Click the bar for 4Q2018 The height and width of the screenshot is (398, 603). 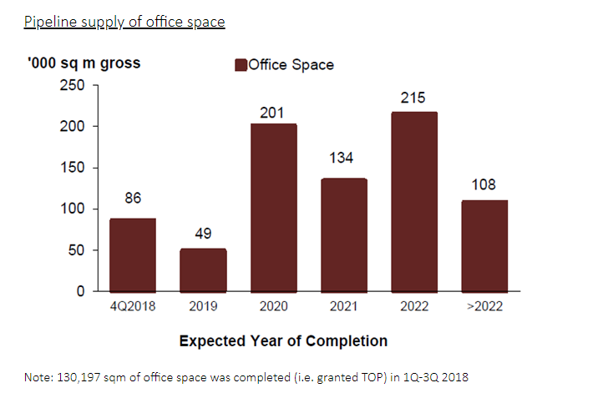coord(133,254)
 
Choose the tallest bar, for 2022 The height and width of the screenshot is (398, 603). coord(413,201)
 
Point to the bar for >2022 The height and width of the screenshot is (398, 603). coord(484,245)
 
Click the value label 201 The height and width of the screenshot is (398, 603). coord(273,112)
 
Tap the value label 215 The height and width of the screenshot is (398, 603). coord(413,99)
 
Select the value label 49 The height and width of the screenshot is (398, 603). coord(203,234)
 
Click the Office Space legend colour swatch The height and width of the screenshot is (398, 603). coord(241,65)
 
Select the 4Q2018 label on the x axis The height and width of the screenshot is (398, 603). coord(133,307)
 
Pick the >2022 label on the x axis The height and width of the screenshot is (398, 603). coord(484,307)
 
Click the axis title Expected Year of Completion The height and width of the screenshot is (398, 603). coord(283,340)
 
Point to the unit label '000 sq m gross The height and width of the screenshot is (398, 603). coord(84,64)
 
